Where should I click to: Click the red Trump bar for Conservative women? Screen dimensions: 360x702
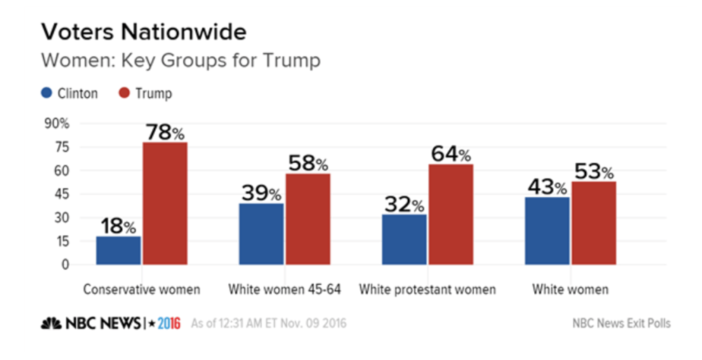pos(165,204)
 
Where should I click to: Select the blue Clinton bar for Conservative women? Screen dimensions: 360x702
pos(119,251)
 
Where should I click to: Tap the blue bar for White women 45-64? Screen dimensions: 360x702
pos(262,234)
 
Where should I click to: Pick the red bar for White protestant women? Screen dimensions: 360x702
pos(451,215)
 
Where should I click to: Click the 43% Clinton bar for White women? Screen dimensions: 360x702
pos(547,231)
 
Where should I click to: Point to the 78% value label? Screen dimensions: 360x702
pos(165,131)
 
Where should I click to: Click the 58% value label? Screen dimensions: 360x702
pos(307,163)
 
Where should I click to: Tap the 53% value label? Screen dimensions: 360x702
pos(594,171)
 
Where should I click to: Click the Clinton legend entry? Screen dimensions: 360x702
pos(69,93)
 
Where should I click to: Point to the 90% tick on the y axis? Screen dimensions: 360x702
pos(58,124)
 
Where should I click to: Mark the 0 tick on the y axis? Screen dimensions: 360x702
pos(65,265)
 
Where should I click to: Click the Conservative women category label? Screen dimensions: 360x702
pos(142,289)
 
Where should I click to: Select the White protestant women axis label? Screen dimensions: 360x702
pos(427,289)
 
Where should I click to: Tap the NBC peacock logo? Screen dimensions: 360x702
pos(52,324)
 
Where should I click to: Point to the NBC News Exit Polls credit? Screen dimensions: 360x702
pos(621,324)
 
